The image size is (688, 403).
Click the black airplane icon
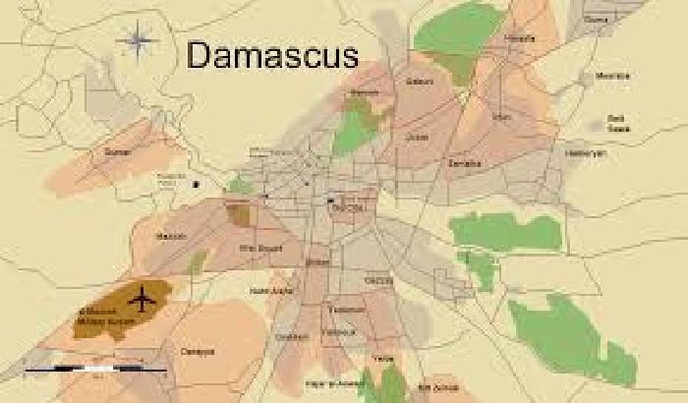pos(143,295)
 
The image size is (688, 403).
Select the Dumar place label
pos(116,153)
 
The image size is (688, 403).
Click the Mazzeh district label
pos(171,236)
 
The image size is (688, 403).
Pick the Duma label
pos(596,19)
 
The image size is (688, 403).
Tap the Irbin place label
pos(501,117)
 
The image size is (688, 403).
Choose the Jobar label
pos(418,137)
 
